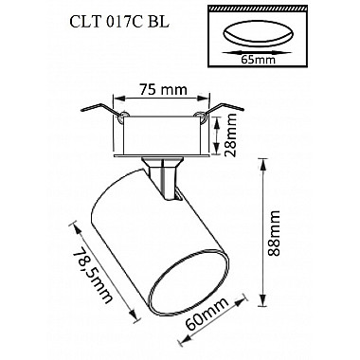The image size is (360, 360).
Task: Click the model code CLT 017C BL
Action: pos(118,23)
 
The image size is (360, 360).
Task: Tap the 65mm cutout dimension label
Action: pos(258,59)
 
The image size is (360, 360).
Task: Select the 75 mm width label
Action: pos(164,90)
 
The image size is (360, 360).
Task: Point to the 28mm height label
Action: pos(231,135)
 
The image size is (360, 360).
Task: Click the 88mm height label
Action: pos(274,233)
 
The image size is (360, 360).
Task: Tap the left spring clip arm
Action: pos(100,110)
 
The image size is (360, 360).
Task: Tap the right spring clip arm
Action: pos(223,109)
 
